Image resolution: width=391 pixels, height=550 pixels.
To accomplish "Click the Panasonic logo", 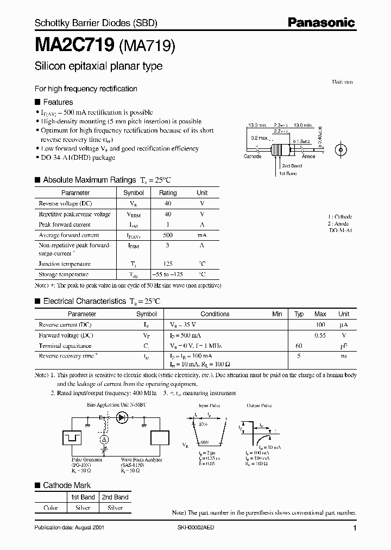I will [x=321, y=23].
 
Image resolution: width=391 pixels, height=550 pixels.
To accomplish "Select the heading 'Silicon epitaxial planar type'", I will [x=98, y=67].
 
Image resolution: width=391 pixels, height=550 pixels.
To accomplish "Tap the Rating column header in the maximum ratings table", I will [x=168, y=193].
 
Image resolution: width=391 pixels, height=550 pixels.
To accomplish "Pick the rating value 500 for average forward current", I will [x=168, y=235].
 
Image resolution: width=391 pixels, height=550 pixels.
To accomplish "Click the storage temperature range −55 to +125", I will [x=168, y=275].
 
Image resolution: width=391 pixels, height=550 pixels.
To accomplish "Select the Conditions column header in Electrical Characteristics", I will [x=215, y=314].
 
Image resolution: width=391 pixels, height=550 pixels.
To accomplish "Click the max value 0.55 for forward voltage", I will [x=320, y=336].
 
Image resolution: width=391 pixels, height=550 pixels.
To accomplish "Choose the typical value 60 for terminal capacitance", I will [x=298, y=346].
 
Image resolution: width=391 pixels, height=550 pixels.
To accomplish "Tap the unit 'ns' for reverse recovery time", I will [x=343, y=356].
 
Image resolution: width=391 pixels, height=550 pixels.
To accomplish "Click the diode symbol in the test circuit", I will [x=122, y=417].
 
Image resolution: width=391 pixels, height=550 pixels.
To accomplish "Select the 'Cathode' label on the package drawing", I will [x=252, y=157].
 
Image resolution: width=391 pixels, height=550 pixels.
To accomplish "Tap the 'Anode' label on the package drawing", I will [x=308, y=157].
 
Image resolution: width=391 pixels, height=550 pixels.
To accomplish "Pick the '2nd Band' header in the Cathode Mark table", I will [x=115, y=497].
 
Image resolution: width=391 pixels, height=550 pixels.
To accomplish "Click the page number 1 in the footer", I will [x=355, y=528].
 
